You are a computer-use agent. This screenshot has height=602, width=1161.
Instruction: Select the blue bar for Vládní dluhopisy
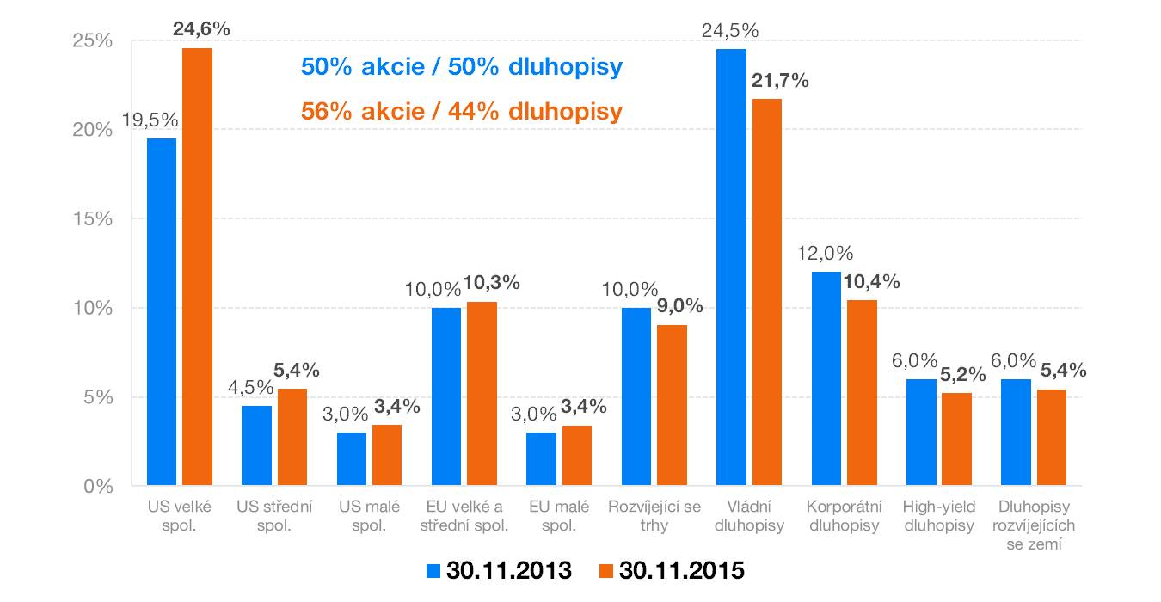(x=731, y=267)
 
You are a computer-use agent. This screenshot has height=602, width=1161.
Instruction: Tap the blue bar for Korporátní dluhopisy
(x=826, y=378)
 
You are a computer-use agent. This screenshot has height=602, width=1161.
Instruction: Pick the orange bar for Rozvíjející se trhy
(x=671, y=405)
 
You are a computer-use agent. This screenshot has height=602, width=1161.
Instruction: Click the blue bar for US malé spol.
(x=351, y=459)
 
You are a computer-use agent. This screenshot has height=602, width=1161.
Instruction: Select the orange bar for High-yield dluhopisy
(x=956, y=439)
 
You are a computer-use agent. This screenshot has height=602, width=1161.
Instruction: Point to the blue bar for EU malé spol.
(x=541, y=459)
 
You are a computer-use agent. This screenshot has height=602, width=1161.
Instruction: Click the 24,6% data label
(x=201, y=29)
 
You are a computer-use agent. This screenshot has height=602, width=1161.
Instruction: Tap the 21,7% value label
(x=779, y=81)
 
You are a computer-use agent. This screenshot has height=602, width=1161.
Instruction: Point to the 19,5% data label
(x=150, y=120)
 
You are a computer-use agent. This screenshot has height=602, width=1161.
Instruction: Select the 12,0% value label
(x=824, y=254)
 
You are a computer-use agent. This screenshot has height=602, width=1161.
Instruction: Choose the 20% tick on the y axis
(x=93, y=130)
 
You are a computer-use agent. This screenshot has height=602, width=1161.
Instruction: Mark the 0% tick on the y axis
(x=98, y=486)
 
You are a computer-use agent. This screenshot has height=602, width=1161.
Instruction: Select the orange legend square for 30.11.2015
(x=606, y=571)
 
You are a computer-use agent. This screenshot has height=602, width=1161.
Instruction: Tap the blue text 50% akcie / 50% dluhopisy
(x=461, y=67)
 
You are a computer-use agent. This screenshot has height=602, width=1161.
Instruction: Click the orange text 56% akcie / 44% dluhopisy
(x=461, y=112)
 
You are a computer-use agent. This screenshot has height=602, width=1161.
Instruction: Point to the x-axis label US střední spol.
(x=274, y=515)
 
